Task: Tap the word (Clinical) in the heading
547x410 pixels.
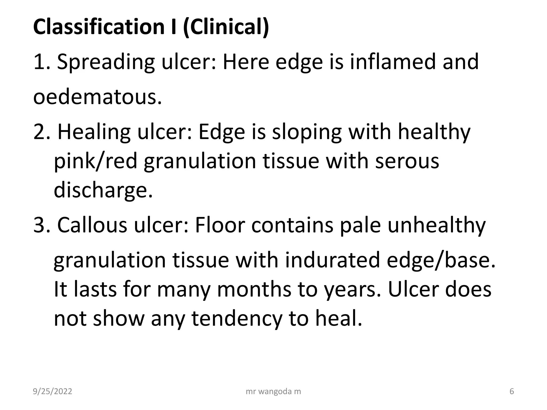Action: point(226,27)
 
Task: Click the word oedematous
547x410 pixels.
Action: point(97,97)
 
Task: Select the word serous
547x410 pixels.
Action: point(407,161)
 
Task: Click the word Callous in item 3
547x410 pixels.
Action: point(92,225)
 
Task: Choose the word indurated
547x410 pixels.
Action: point(332,260)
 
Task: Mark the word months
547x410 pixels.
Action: point(254,289)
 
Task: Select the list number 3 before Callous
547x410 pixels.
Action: point(40,225)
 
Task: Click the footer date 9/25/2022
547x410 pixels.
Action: point(53,391)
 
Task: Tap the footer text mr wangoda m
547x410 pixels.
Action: point(273,391)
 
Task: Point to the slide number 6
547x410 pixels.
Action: point(512,391)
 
